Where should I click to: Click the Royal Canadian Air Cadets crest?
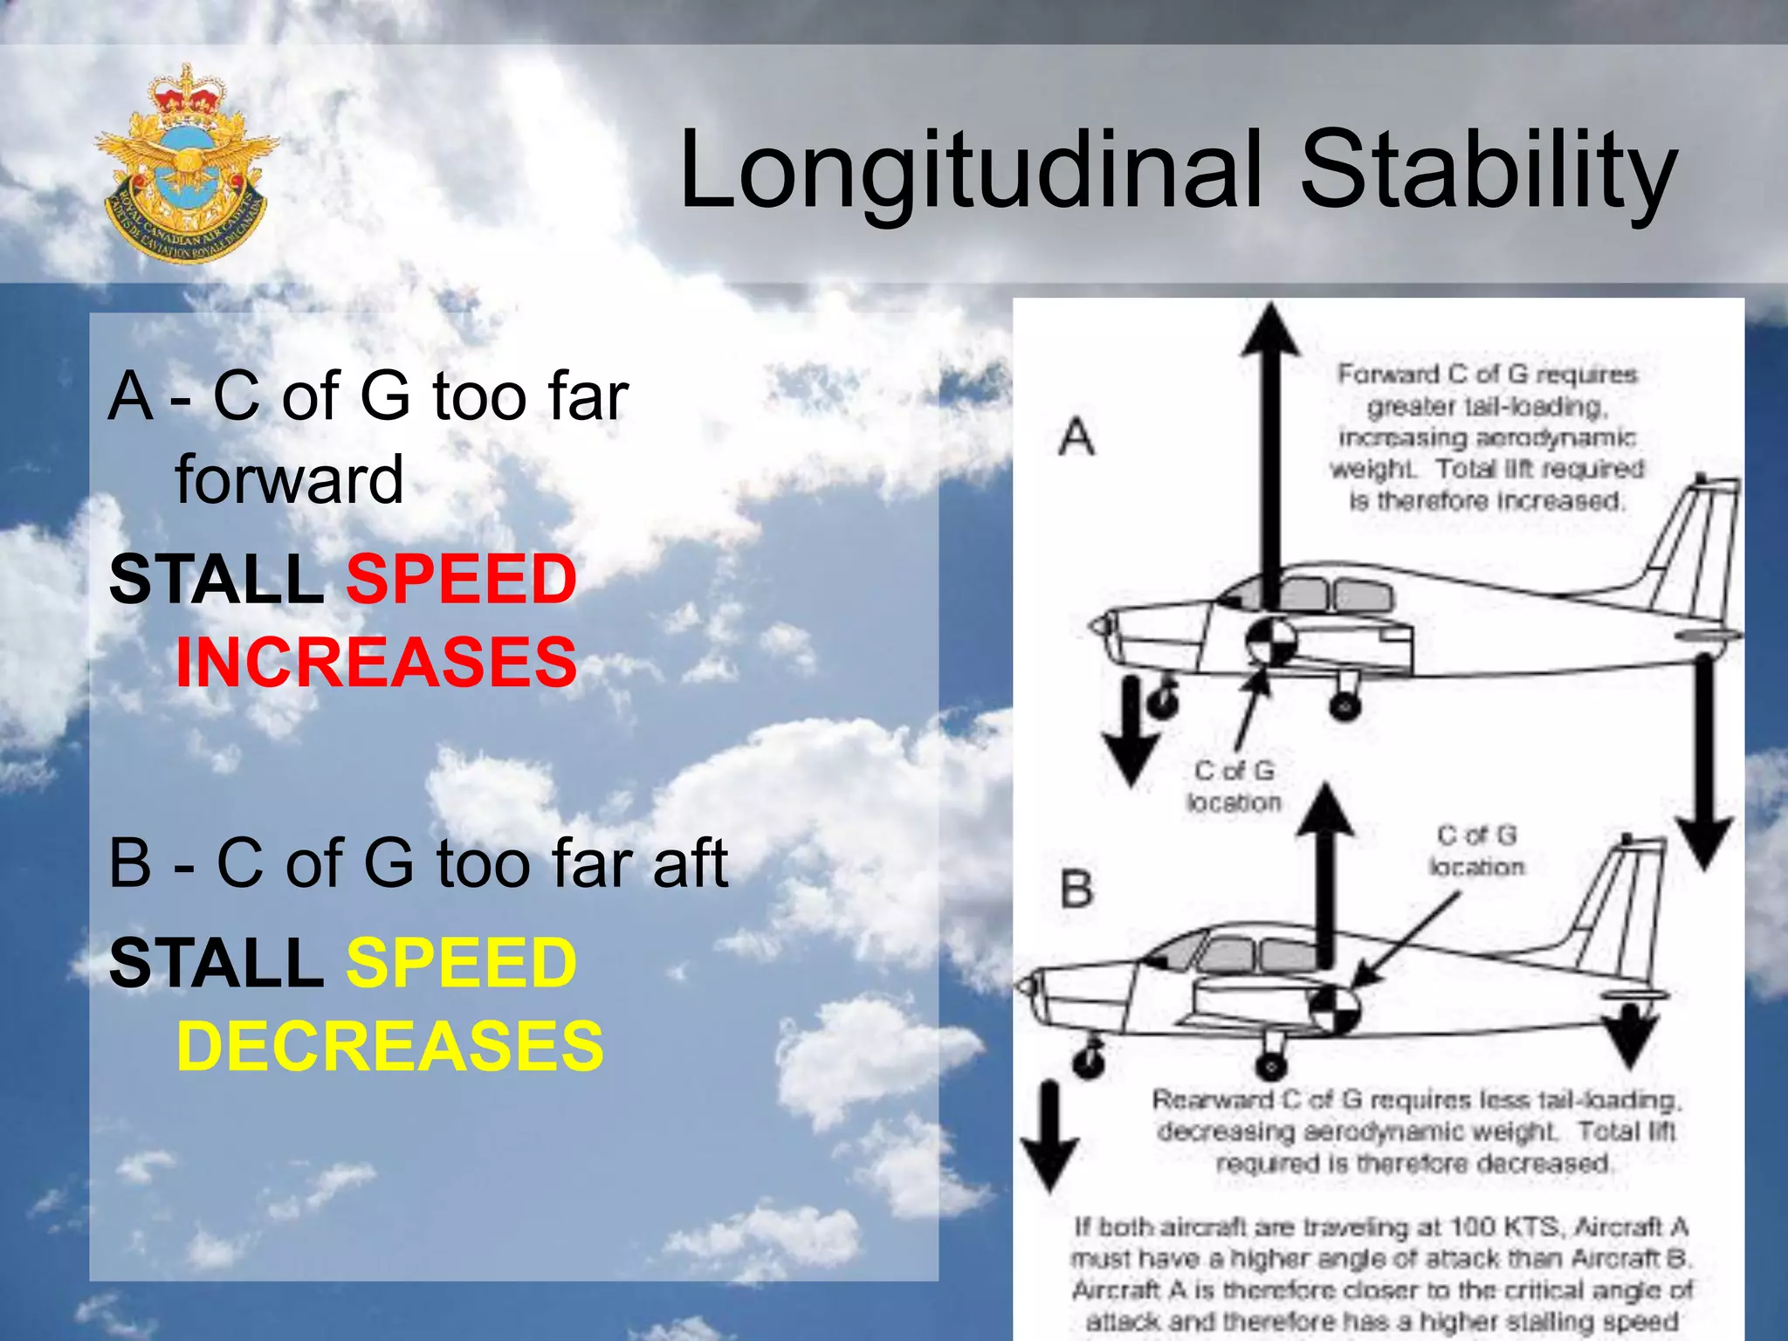tap(185, 164)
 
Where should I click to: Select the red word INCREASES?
tap(376, 662)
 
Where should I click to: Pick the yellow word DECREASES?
tap(389, 1046)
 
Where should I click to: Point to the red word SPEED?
tap(462, 579)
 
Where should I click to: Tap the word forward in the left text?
tap(289, 479)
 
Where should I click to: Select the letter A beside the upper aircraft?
tap(1076, 436)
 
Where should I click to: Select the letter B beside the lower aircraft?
tap(1076, 890)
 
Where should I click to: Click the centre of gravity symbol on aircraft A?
tap(1271, 642)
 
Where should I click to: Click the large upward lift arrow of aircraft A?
tap(1272, 454)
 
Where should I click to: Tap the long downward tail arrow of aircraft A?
tap(1703, 760)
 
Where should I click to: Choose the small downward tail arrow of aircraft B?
tap(1629, 1035)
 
